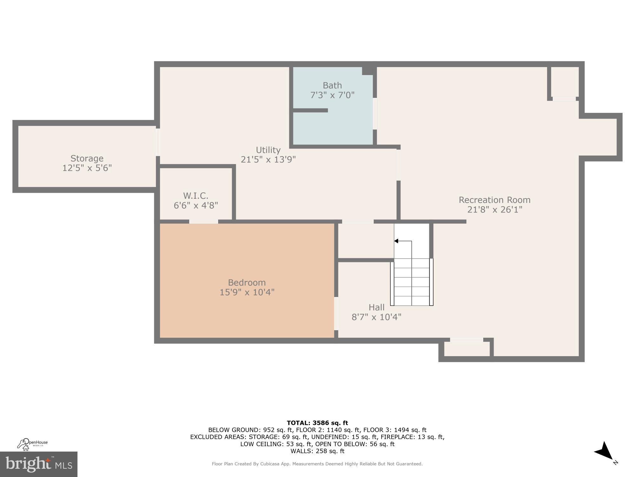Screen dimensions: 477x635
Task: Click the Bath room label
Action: coord(332,85)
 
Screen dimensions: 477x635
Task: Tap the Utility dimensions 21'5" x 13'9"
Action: coord(268,159)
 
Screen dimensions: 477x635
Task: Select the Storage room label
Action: coord(87,158)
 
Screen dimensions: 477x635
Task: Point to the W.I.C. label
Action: coord(196,196)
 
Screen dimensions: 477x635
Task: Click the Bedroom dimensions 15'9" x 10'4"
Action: coord(247,292)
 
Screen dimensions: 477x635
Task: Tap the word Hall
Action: coord(377,307)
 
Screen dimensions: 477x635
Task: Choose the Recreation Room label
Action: coord(494,200)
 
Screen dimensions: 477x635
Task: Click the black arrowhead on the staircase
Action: coord(396,241)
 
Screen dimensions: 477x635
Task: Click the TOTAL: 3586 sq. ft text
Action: coord(317,423)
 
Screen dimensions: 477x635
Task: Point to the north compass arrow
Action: coord(604,451)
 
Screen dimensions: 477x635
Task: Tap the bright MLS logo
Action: coord(38,464)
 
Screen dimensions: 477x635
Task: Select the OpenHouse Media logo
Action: coord(32,444)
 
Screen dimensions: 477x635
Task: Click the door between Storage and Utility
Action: coord(158,142)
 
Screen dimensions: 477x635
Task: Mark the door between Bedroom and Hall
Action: coord(336,313)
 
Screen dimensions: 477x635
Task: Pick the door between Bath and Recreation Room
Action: coord(375,114)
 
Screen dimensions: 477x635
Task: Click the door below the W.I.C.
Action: coord(204,222)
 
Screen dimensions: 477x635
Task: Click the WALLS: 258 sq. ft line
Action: coord(317,451)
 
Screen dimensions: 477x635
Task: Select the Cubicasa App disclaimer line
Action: coord(317,464)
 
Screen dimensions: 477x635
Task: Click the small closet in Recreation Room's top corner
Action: coord(564,82)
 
